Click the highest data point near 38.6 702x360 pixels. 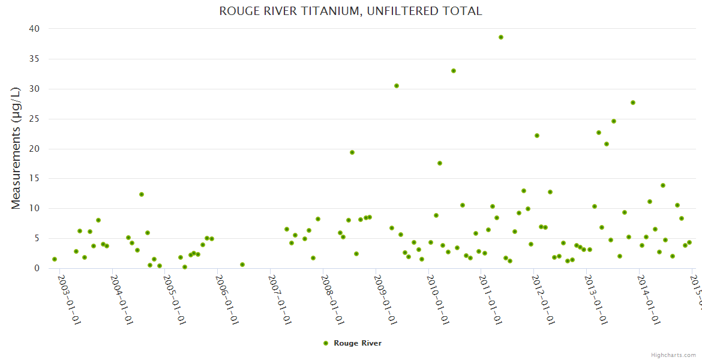(501, 37)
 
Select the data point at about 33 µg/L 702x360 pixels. (454, 71)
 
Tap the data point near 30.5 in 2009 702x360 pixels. (397, 86)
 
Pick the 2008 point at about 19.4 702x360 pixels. (352, 152)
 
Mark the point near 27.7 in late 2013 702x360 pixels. (633, 103)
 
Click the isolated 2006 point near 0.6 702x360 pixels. (242, 265)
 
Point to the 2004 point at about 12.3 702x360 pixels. (142, 194)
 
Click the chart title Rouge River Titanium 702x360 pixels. (350, 11)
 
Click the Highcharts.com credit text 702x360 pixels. (674, 355)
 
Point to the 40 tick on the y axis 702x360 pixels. (34, 29)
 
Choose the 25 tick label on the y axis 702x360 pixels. (34, 119)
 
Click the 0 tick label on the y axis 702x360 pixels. (37, 268)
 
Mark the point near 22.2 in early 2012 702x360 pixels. (537, 136)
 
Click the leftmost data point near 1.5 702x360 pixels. (55, 259)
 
